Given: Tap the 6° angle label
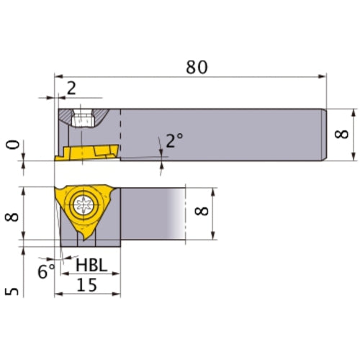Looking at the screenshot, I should point(46,271).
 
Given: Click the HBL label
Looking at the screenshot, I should point(92,266).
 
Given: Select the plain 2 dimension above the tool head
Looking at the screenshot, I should point(71,89).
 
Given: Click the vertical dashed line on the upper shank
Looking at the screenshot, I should point(120,133).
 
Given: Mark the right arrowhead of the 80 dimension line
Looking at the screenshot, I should point(323,76).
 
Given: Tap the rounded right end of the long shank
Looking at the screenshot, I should point(326,134).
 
